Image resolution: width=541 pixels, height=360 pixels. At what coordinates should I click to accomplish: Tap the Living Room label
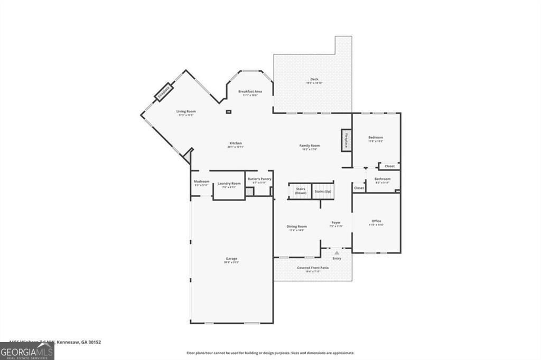tap(186, 112)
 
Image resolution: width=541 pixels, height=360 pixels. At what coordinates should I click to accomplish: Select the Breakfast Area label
tap(250, 92)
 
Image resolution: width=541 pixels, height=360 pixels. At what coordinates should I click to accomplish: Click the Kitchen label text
tap(236, 144)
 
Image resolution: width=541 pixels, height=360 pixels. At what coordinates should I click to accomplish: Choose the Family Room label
tap(311, 146)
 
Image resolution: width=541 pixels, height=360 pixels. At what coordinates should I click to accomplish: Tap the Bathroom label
tap(383, 179)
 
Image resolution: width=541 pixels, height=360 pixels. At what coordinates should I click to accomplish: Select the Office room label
tap(376, 222)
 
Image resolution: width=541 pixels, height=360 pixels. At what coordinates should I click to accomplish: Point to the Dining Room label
tap(297, 227)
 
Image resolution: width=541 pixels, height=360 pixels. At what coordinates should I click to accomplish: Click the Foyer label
tap(336, 223)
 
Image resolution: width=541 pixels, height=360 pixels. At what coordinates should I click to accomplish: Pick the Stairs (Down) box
tap(300, 191)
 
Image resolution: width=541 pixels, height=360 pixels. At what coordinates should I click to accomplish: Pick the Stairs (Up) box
tap(323, 191)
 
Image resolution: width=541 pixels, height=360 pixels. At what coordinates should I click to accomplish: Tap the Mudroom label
tap(201, 182)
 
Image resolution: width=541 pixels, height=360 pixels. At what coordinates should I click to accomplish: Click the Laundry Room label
tap(229, 184)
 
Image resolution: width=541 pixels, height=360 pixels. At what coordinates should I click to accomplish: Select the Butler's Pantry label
tap(259, 180)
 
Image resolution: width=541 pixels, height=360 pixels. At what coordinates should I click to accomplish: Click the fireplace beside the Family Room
tap(347, 140)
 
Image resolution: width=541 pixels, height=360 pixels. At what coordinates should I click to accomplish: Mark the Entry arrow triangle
tap(337, 253)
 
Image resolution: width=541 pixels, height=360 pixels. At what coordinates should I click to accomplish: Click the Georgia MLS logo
tap(27, 351)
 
